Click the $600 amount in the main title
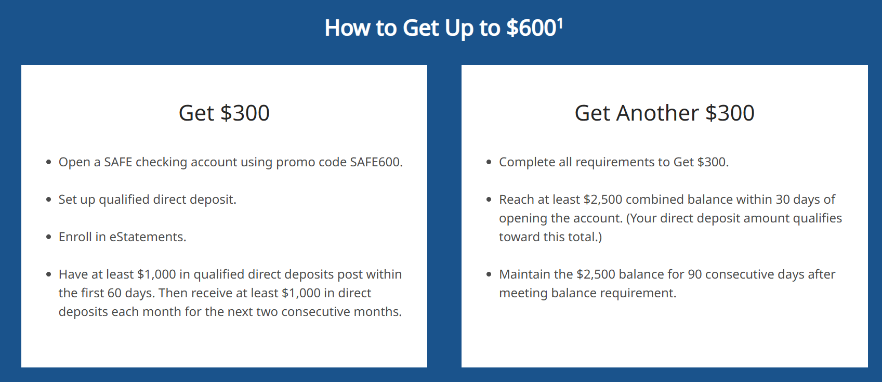(x=531, y=28)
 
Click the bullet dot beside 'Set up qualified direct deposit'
(x=48, y=200)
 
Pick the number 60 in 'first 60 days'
(x=114, y=293)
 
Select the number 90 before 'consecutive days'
(x=694, y=274)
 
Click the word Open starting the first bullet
(x=74, y=162)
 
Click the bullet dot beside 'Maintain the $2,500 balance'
(x=489, y=274)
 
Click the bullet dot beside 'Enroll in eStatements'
(x=48, y=237)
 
